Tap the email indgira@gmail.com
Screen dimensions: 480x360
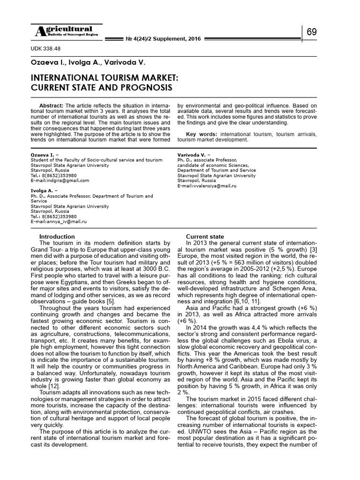[x=60, y=180]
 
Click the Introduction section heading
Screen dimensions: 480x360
[x=57, y=237]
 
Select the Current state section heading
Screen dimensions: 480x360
[x=205, y=237]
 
